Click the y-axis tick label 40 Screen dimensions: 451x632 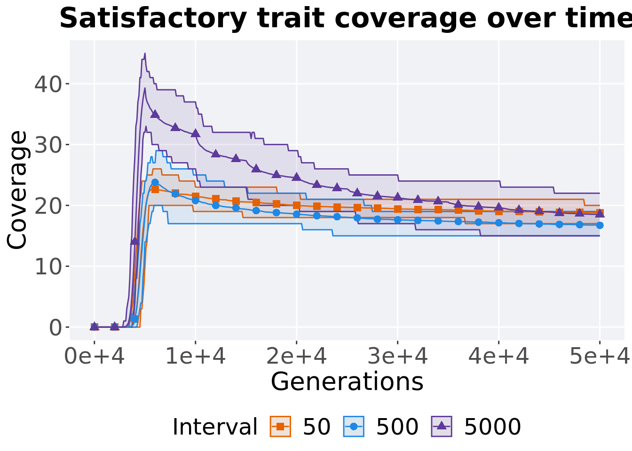(48, 84)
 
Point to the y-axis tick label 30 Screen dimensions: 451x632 (48, 145)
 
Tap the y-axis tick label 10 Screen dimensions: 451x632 (48, 266)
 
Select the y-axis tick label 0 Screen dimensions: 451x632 (55, 327)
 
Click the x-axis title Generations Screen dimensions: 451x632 (347, 381)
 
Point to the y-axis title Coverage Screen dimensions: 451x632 (18, 190)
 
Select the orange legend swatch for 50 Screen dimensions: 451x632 (280, 427)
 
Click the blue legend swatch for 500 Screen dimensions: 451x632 (354, 427)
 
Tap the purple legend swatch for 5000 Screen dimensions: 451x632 (441, 427)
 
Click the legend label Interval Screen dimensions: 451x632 (215, 427)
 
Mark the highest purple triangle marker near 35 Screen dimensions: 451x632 (155, 114)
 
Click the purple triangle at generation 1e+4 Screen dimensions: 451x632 (196, 133)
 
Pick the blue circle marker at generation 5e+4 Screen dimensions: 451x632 (600, 225)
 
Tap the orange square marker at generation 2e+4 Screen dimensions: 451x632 (297, 205)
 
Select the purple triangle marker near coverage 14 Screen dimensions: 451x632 (134, 241)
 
